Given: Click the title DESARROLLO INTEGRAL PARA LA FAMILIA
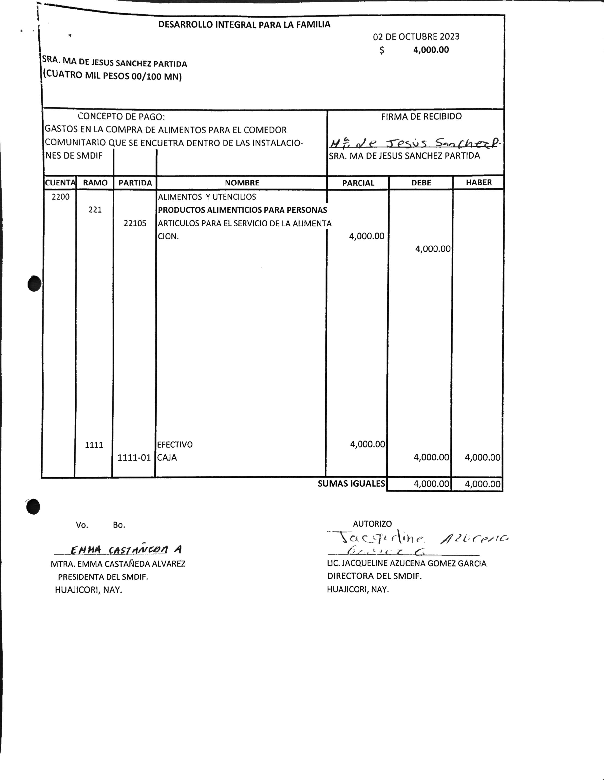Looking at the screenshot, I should (x=244, y=25).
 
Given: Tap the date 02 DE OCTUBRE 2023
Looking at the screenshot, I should (x=416, y=36).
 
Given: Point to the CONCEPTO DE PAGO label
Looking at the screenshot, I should (x=121, y=116).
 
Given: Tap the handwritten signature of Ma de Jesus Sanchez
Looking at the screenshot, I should (x=414, y=144).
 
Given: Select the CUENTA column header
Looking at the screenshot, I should (x=60, y=183).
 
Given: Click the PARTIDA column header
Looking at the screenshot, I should (x=135, y=183).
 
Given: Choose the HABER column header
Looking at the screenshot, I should (x=478, y=183).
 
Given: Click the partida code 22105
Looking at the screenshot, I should (x=135, y=223).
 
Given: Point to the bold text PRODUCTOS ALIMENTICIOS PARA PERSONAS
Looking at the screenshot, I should (x=242, y=210).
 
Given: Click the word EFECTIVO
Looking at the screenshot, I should (x=175, y=445).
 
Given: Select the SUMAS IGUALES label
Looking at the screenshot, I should (x=351, y=484).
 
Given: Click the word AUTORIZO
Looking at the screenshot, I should (x=372, y=524).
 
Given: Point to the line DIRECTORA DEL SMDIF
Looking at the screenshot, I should (x=374, y=576).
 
